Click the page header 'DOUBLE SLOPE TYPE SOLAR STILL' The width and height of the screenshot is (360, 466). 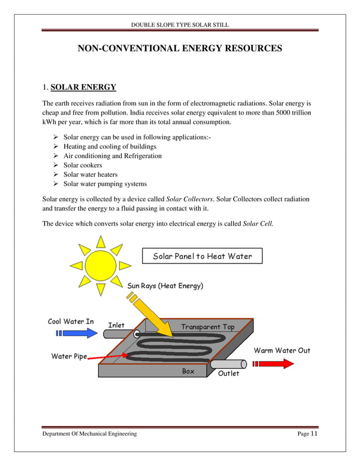point(179,25)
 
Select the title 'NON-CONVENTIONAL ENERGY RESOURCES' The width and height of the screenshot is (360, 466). point(179,49)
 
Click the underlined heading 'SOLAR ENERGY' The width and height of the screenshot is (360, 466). point(83,87)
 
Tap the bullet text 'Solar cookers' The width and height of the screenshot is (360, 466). point(82,165)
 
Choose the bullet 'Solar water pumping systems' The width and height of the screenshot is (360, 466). point(105,184)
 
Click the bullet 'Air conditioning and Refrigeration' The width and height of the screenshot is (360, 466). point(112,156)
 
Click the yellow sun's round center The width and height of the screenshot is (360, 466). point(100,266)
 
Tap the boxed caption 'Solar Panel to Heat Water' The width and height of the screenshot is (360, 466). point(202,257)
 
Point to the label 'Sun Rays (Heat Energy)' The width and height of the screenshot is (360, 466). point(165,286)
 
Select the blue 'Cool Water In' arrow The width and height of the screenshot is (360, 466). point(77,333)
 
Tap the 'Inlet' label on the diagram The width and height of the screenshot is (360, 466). point(116,325)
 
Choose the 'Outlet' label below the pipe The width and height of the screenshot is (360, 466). point(229,373)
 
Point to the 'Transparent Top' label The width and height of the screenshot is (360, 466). point(208,327)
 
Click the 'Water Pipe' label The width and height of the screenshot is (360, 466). point(69,356)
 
